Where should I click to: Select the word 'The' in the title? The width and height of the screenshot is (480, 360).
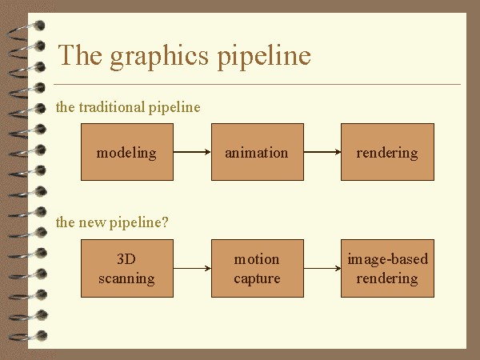78,55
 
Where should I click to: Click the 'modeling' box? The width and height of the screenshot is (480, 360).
126,152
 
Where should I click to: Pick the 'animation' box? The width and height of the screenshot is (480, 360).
257,152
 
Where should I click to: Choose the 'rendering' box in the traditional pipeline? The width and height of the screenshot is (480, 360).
387,152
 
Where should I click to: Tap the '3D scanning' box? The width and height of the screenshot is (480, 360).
126,269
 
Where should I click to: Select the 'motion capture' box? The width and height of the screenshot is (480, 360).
257,269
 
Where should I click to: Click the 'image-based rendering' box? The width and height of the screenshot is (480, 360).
387,269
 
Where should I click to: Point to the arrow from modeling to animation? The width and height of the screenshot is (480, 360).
192,152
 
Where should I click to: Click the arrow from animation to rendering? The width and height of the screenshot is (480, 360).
322,152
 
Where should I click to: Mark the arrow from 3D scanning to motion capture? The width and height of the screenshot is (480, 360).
192,269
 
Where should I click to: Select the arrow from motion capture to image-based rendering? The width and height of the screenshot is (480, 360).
322,269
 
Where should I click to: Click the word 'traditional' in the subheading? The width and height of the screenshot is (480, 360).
113,107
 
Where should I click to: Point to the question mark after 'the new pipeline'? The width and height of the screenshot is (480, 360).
165,222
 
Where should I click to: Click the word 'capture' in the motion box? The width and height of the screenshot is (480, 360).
257,278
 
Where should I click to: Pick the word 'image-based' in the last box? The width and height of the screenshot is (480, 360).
387,259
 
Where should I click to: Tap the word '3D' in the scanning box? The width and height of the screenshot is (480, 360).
126,259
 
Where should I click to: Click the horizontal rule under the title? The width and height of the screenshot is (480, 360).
256,84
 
